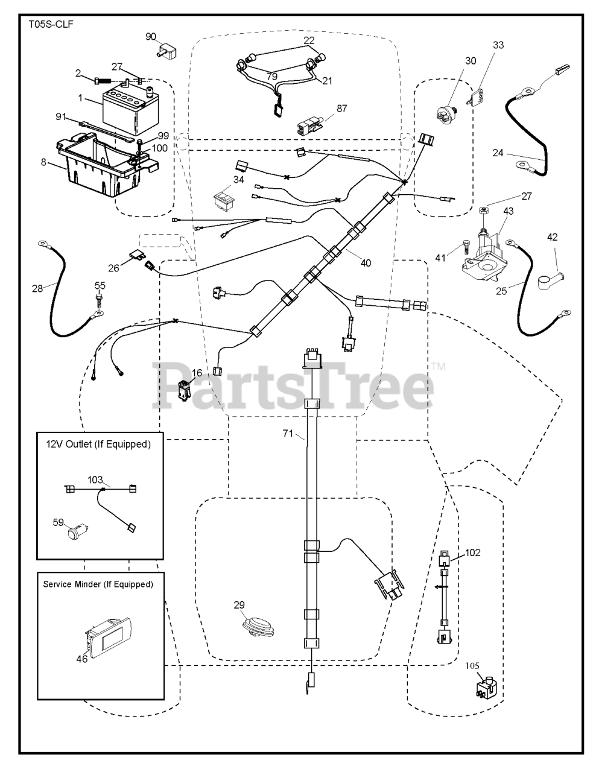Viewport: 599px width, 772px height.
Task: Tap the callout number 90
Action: pyautogui.click(x=150, y=37)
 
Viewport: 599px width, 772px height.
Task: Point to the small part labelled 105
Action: pyautogui.click(x=486, y=688)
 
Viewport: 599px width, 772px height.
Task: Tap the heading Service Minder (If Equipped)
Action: pyautogui.click(x=98, y=584)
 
